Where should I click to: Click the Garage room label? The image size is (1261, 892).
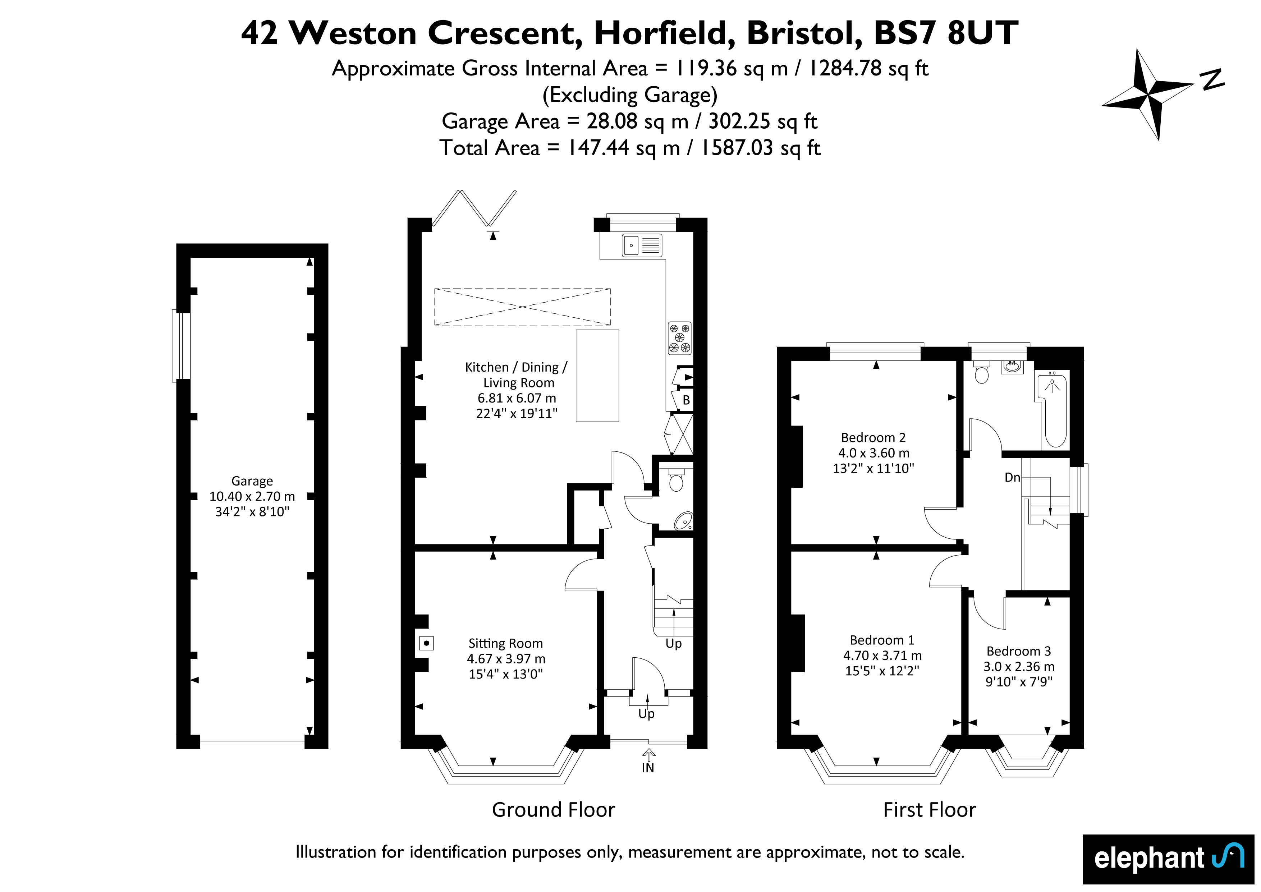(x=252, y=481)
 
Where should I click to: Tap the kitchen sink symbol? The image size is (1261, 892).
(x=642, y=245)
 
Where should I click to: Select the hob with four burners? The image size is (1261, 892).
(x=679, y=338)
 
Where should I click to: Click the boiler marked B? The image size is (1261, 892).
(x=685, y=400)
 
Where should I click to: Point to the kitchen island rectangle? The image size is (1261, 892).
(x=597, y=376)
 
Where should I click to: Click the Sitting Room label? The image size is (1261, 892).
(x=505, y=643)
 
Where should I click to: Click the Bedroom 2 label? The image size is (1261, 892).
(x=873, y=438)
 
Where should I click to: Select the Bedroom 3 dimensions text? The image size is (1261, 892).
(x=1019, y=674)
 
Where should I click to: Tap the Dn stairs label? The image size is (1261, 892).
(x=1012, y=477)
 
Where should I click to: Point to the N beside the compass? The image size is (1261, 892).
(x=1213, y=79)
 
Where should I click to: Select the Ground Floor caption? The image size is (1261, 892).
(x=554, y=810)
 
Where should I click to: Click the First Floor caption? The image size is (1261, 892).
(x=929, y=810)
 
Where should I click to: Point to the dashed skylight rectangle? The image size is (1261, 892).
(x=522, y=307)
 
